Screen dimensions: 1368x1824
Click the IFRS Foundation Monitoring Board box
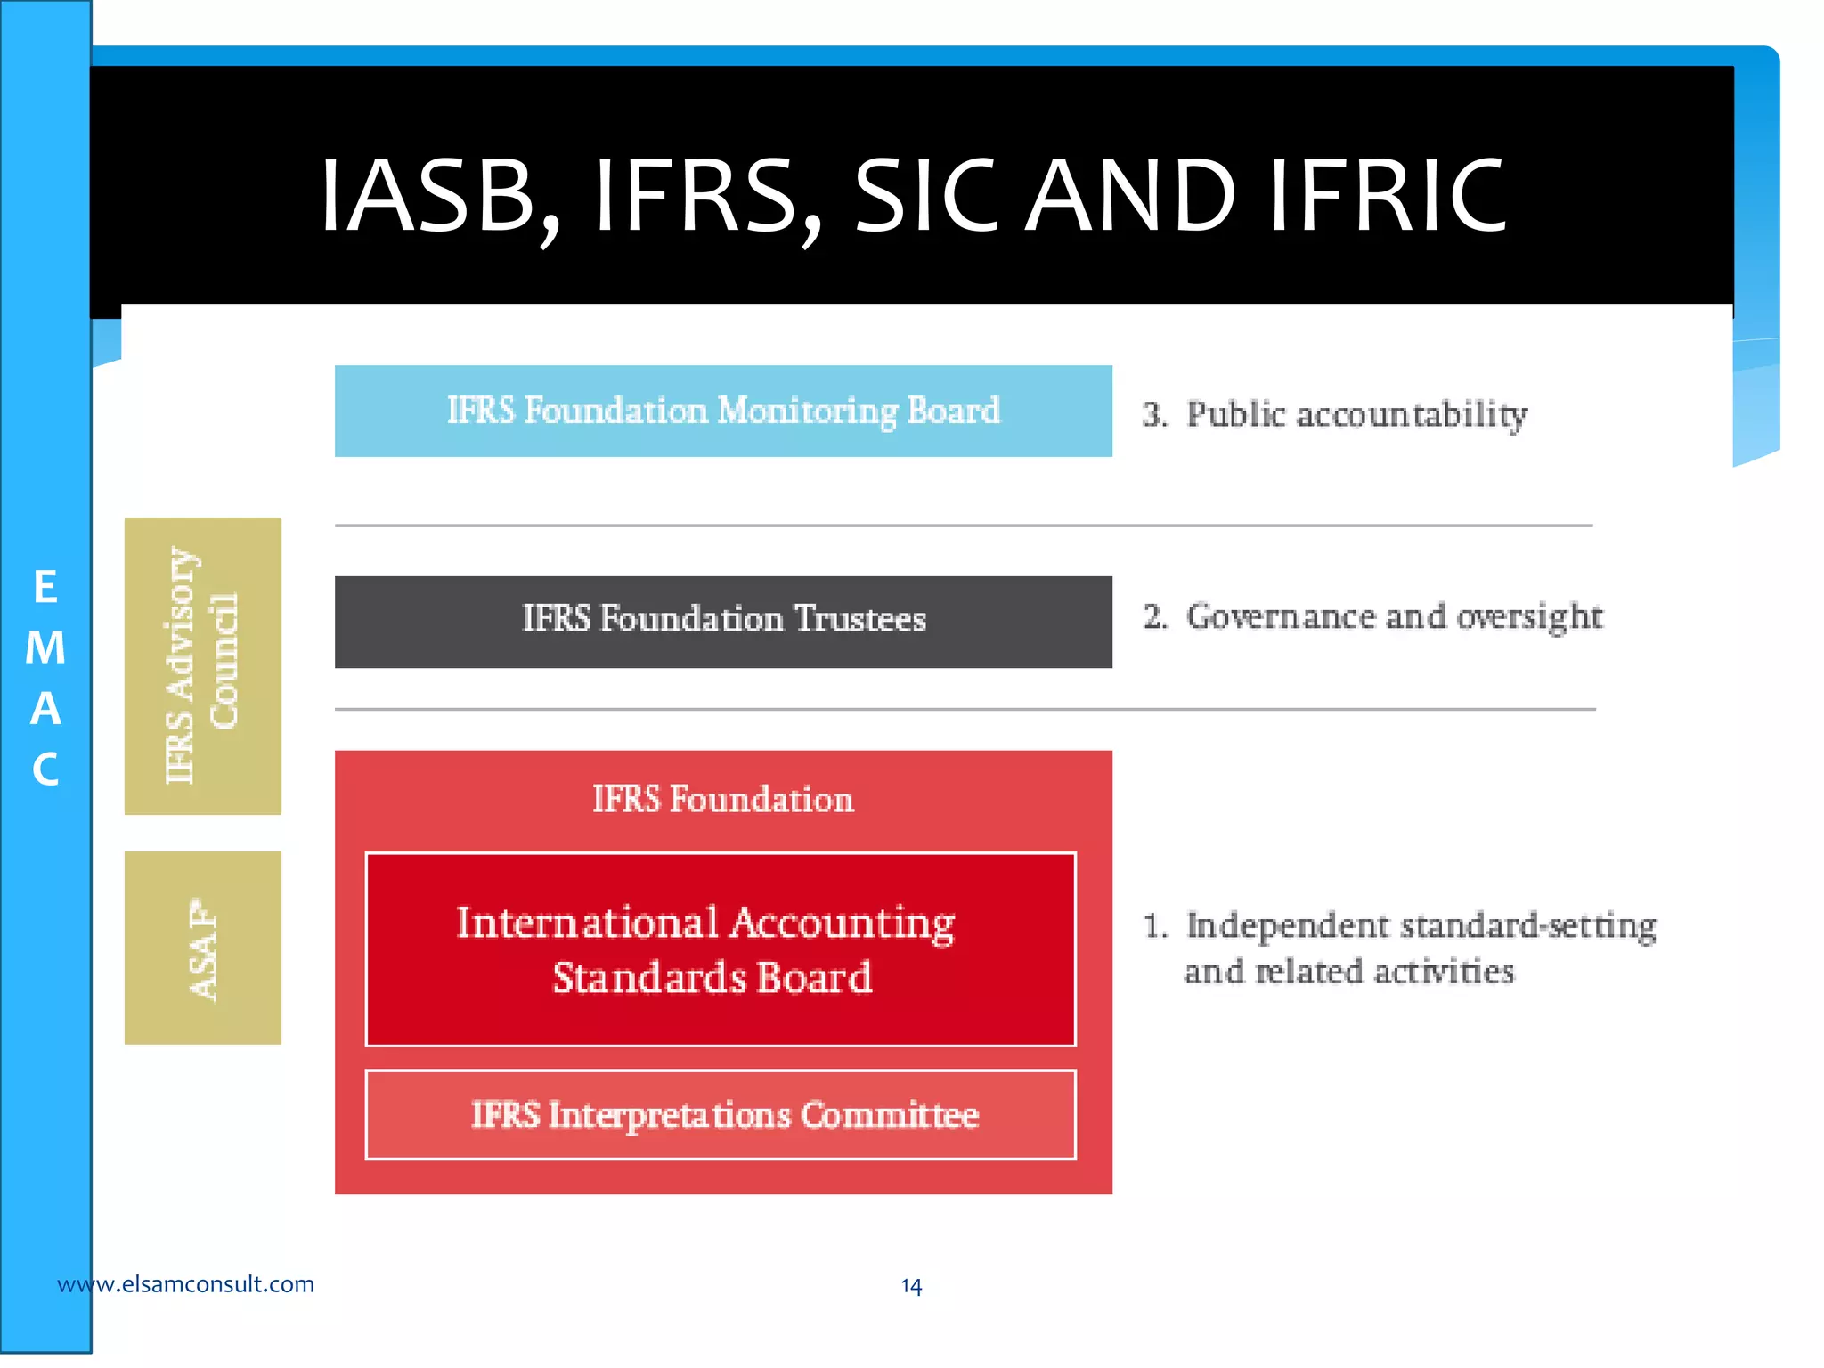point(723,411)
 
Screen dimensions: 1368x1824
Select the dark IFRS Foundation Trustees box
point(723,621)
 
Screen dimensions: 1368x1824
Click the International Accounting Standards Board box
point(720,949)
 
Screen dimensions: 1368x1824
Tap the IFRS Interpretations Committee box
point(720,1115)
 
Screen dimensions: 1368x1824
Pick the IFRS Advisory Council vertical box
point(203,666)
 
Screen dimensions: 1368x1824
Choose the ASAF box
point(203,948)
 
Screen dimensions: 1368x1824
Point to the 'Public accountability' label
point(1356,415)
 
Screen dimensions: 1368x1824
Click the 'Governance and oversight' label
point(1394,617)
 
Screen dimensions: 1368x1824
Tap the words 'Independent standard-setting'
point(1421,926)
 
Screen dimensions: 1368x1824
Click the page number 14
point(911,1286)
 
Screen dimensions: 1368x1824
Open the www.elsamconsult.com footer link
point(185,1284)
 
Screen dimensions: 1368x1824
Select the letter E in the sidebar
point(45,588)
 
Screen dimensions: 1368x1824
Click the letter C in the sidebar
point(45,769)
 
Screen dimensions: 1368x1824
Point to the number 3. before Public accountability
point(1155,415)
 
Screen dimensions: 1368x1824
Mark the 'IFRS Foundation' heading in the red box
point(723,800)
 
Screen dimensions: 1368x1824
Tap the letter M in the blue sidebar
point(45,648)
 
